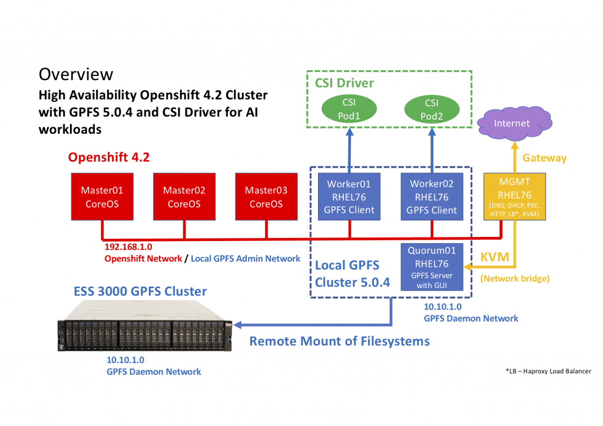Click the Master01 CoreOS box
coord(102,197)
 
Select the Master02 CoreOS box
coord(184,197)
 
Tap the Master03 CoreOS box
coord(267,197)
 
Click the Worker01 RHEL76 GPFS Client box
coord(349,197)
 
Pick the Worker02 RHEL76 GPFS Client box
coord(432,197)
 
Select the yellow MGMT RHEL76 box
coord(515,197)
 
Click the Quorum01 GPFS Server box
coord(432,267)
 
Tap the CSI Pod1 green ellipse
coord(349,109)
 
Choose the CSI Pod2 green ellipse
coord(432,109)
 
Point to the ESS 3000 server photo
coord(145,326)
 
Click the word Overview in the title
coord(76,74)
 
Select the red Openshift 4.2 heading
coord(109,157)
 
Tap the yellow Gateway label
coord(545,158)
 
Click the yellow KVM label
coord(495,257)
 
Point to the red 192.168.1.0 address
coord(128,247)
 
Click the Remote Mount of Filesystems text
coord(340,341)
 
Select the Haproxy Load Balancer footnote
coord(549,371)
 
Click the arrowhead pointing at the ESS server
coord(238,325)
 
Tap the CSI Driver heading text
coord(344,82)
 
